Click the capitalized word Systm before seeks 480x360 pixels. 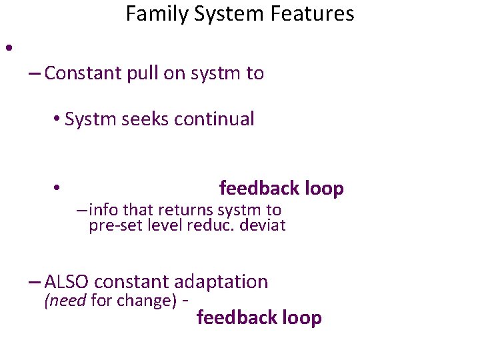click(89, 120)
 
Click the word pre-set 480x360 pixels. click(113, 225)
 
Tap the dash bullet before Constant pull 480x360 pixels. click(35, 74)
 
